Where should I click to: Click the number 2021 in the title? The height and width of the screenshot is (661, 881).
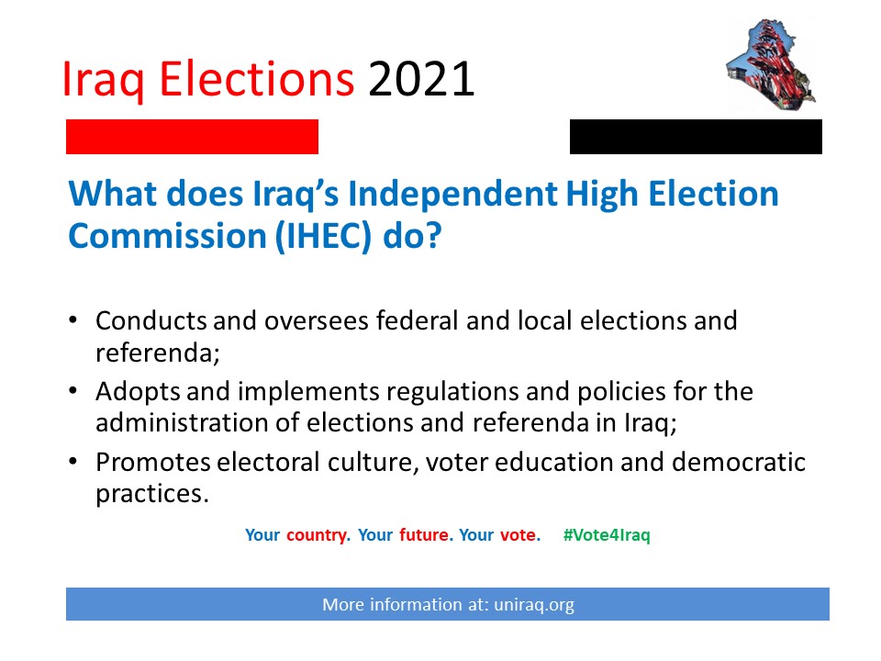pyautogui.click(x=421, y=79)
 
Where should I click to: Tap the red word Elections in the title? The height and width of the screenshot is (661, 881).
pyautogui.click(x=257, y=79)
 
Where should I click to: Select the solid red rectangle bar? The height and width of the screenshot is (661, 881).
pyautogui.click(x=192, y=137)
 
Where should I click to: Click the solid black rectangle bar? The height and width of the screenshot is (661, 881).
pyautogui.click(x=696, y=137)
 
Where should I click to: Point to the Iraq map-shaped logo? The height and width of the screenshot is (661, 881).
pyautogui.click(x=771, y=64)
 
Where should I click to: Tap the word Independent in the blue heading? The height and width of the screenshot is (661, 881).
pyautogui.click(x=452, y=194)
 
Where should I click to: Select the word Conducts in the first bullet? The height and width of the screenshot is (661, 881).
pyautogui.click(x=151, y=321)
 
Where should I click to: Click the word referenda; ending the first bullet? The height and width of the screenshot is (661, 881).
pyautogui.click(x=157, y=353)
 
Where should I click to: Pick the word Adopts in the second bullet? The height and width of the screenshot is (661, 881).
pyautogui.click(x=139, y=392)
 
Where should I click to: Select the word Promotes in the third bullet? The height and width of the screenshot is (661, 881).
pyautogui.click(x=153, y=463)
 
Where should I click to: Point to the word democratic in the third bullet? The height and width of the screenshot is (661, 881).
pyautogui.click(x=739, y=463)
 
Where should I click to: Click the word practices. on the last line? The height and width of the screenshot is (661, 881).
pyautogui.click(x=152, y=495)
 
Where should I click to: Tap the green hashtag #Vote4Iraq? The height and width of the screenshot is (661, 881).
pyautogui.click(x=607, y=535)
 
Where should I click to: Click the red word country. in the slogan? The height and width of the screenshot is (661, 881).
pyautogui.click(x=318, y=535)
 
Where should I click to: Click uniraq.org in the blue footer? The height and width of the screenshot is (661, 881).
pyautogui.click(x=534, y=605)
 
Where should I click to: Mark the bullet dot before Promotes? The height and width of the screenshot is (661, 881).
pyautogui.click(x=72, y=462)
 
